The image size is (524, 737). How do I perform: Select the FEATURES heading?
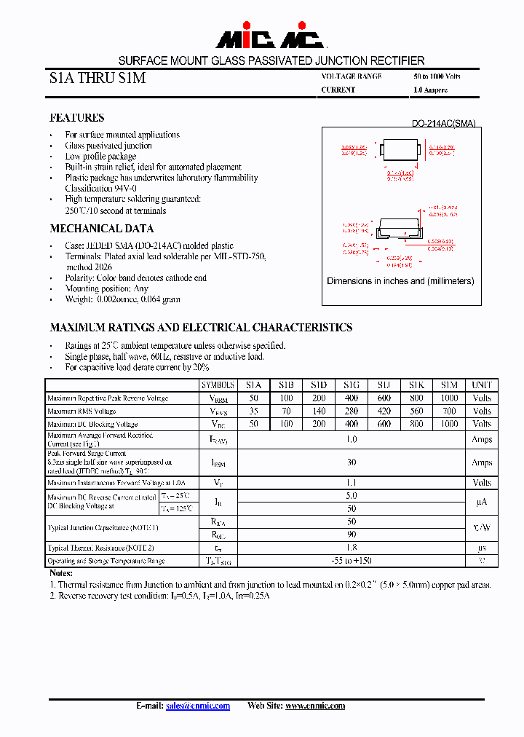point(76,118)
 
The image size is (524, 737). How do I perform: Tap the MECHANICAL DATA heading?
point(101,229)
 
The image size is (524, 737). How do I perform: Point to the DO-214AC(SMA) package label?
point(443,124)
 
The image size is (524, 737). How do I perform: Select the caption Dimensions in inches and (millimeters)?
point(400,281)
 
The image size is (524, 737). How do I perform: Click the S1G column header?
point(351,385)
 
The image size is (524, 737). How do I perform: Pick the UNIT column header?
point(482,385)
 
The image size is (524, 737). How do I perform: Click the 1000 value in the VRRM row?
point(449,398)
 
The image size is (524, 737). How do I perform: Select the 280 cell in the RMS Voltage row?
point(351,411)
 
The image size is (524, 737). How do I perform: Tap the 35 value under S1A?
point(253,411)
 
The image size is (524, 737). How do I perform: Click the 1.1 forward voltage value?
point(352,482)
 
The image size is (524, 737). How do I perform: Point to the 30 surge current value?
point(352,462)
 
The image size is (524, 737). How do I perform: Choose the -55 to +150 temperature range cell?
point(352,561)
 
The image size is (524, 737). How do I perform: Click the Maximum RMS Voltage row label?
point(82,411)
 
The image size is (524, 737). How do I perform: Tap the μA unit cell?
point(482,502)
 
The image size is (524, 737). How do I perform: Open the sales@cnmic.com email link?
point(198,706)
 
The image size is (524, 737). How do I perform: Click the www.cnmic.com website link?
point(314,706)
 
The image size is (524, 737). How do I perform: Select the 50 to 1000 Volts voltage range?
point(437,76)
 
